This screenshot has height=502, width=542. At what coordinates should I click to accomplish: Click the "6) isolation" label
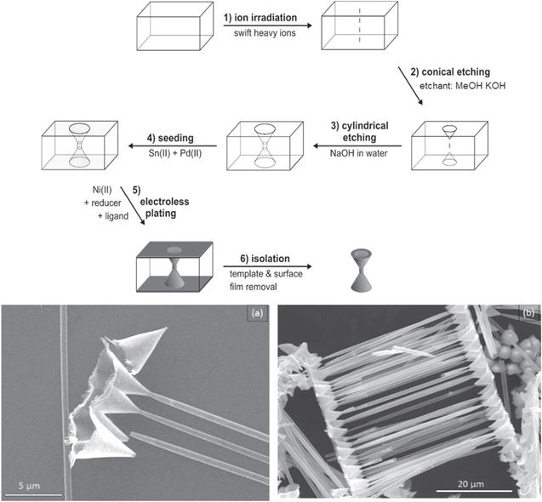coord(260,251)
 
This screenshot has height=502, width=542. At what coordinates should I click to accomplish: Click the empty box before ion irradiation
coord(171,32)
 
